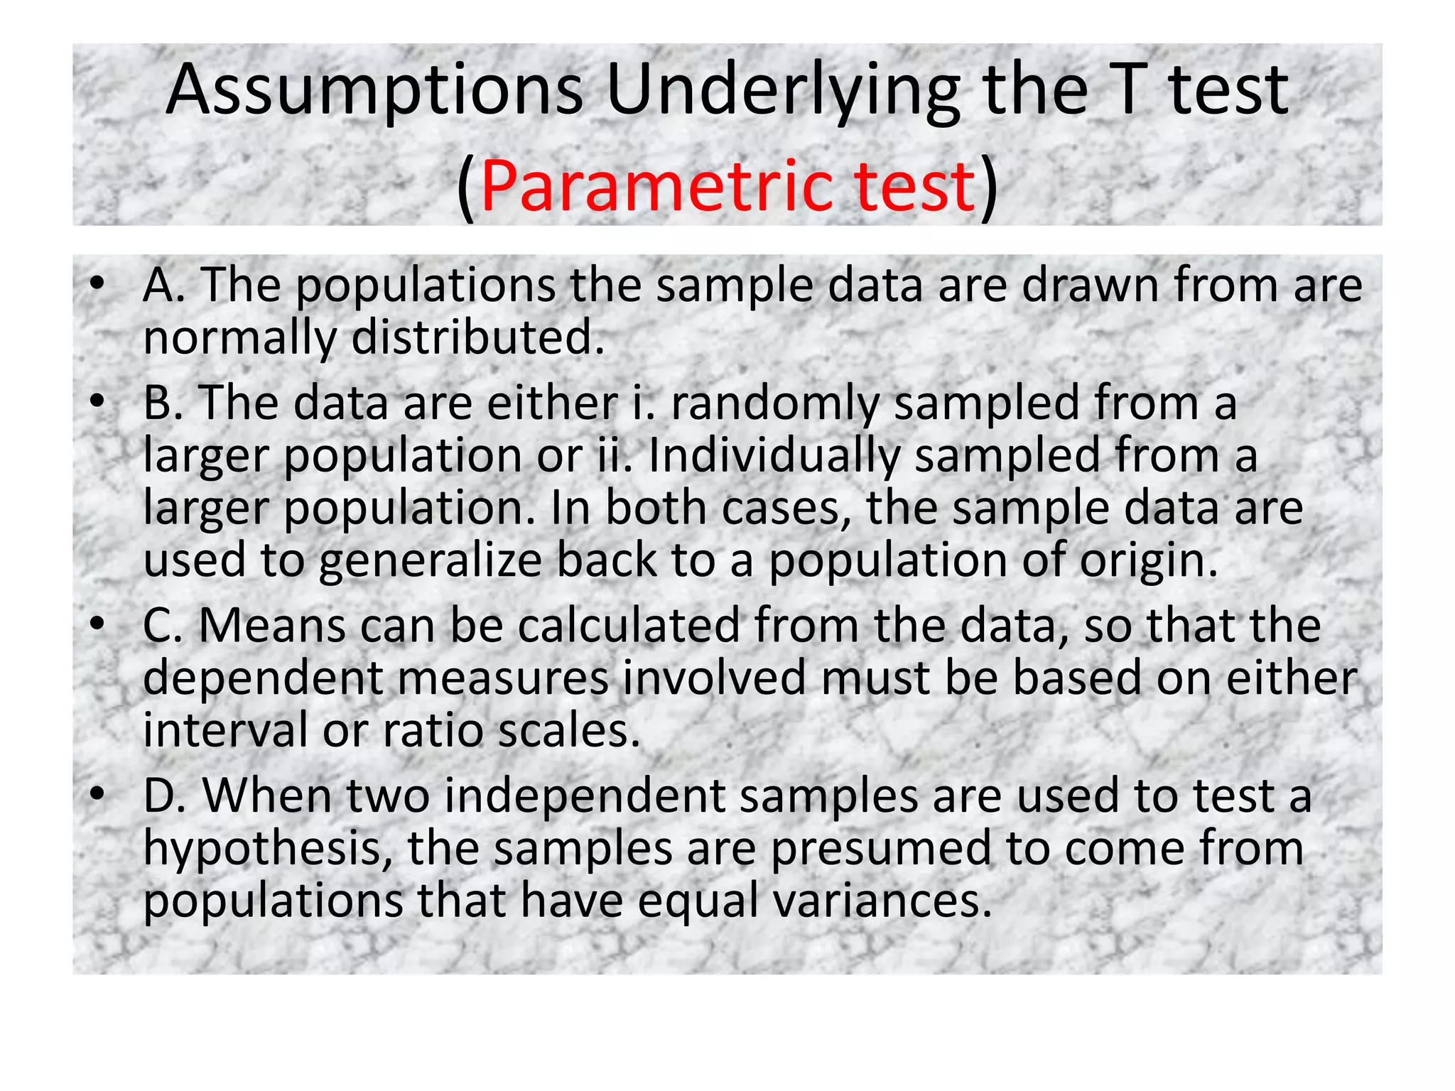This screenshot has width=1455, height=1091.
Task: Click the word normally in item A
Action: pyautogui.click(x=239, y=339)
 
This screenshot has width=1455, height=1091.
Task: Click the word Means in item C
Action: pyautogui.click(x=272, y=626)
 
